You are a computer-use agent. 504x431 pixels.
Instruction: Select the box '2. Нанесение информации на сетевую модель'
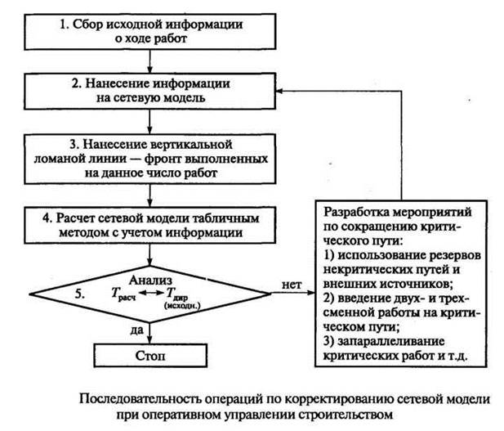(x=148, y=90)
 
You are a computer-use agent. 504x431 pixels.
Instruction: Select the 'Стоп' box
(x=148, y=357)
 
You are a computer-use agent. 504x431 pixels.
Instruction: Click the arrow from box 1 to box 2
(x=148, y=61)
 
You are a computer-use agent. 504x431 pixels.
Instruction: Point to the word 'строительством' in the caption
(x=353, y=414)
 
